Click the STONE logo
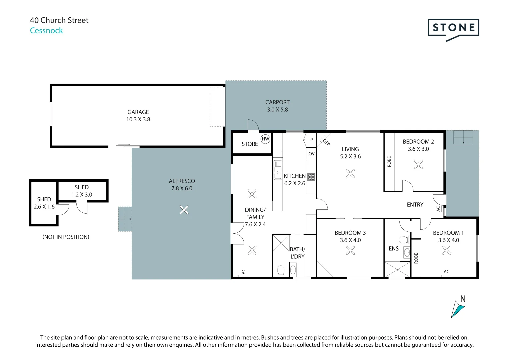pyautogui.click(x=453, y=28)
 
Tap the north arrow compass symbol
pyautogui.click(x=458, y=309)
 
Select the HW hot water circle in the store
pyautogui.click(x=265, y=139)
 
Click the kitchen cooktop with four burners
pyautogui.click(x=311, y=177)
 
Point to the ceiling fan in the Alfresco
pyautogui.click(x=184, y=210)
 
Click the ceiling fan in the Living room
pyautogui.click(x=350, y=174)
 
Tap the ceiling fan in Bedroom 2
pyautogui.click(x=418, y=164)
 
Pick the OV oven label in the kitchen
pyautogui.click(x=311, y=154)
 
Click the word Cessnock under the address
pyautogui.click(x=46, y=31)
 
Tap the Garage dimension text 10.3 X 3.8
pyautogui.click(x=138, y=119)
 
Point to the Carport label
pyautogui.click(x=277, y=102)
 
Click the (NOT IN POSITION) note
pyautogui.click(x=66, y=237)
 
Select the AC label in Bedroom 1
pyautogui.click(x=446, y=272)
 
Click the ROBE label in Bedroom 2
pyautogui.click(x=389, y=162)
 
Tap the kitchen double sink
pyautogui.click(x=277, y=170)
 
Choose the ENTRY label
pyautogui.click(x=415, y=205)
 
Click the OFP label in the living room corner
pyautogui.click(x=326, y=142)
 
